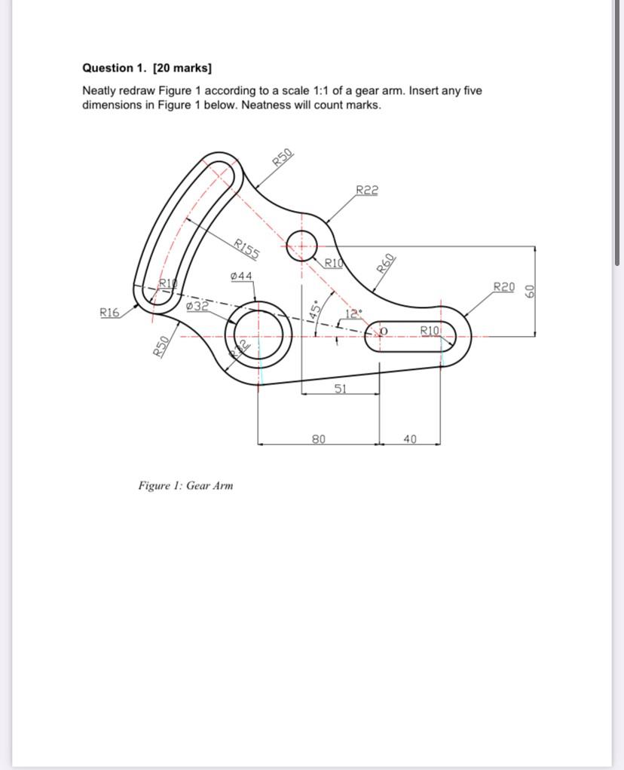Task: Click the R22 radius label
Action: tap(367, 190)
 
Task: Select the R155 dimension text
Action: tap(246, 248)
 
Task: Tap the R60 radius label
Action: tap(386, 264)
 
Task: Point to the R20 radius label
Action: tap(504, 286)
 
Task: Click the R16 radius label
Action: tap(109, 312)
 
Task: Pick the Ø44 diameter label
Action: tap(241, 277)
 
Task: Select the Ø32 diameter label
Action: tap(197, 306)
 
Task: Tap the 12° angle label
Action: tap(353, 313)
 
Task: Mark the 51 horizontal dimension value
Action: tap(341, 388)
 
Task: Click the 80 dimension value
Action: tap(319, 438)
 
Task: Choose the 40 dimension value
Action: tap(410, 438)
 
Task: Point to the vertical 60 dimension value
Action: tap(530, 291)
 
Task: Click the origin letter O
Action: tap(383, 332)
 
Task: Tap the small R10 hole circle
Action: tap(301, 245)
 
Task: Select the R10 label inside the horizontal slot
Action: tap(429, 331)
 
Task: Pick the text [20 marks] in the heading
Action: tap(182, 68)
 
